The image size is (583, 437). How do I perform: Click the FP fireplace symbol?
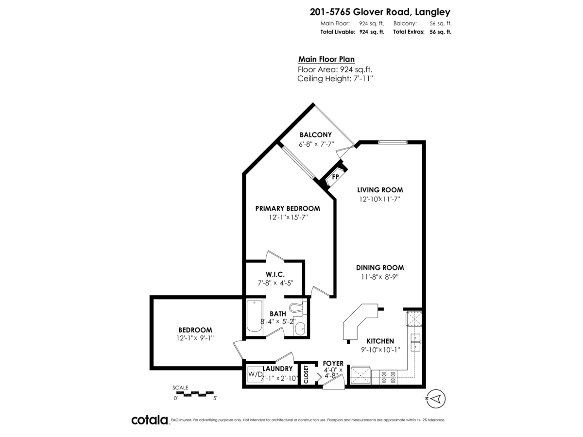point(335,177)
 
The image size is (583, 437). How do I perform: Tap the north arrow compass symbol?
point(436,399)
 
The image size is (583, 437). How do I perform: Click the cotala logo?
point(150,420)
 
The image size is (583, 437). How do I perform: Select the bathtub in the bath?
point(255,317)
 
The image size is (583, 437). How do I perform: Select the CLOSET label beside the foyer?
point(306,375)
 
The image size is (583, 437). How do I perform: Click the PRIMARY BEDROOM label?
point(288,208)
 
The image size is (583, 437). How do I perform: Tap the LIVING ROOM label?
point(380,190)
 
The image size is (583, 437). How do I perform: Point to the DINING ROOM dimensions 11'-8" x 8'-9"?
point(380,277)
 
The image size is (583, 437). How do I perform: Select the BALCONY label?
point(315,135)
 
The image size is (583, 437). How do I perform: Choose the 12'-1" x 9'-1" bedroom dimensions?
point(195,338)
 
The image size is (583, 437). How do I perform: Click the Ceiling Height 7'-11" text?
point(335,78)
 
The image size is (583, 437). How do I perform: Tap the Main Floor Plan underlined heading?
point(326,59)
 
